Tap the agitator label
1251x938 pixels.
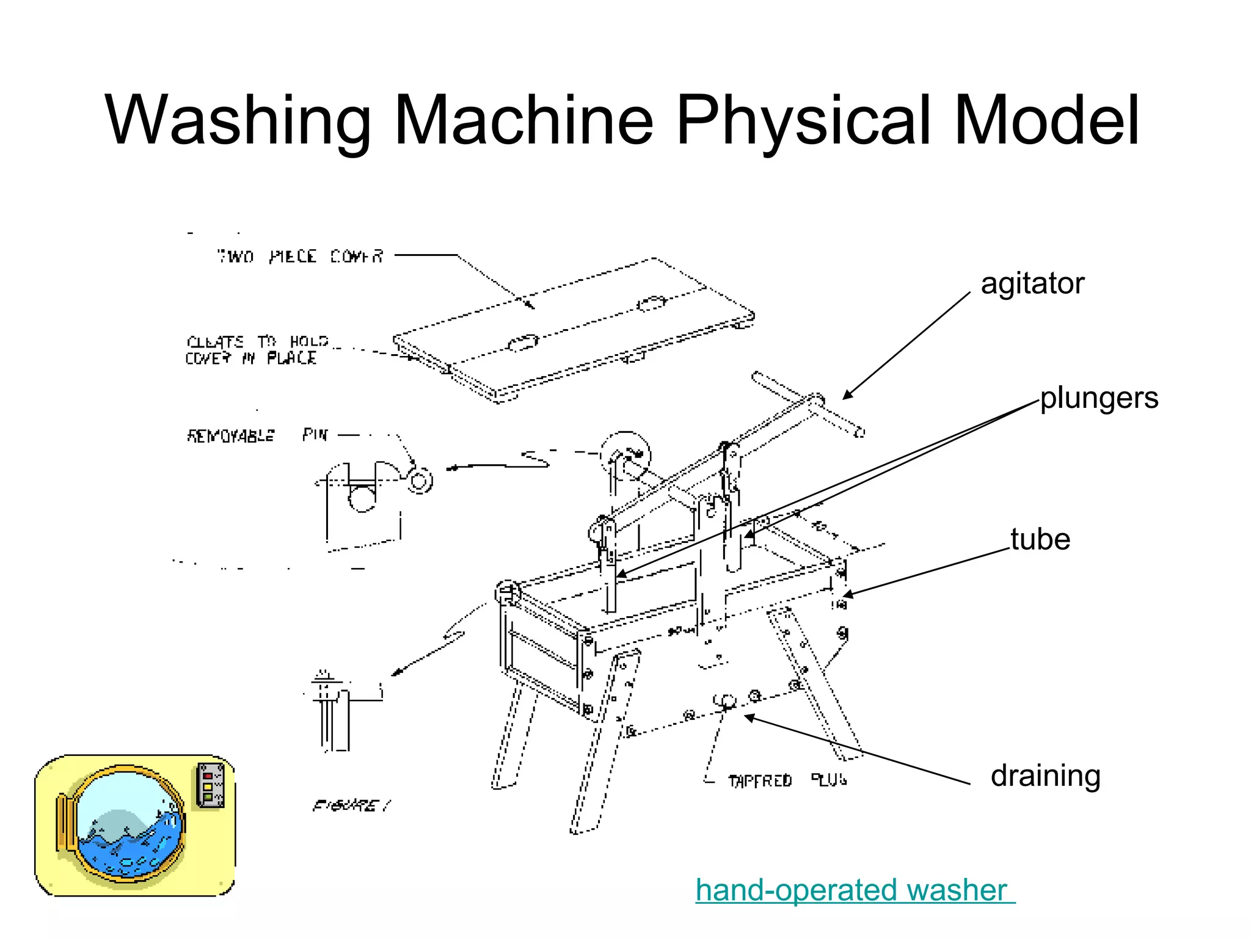click(1032, 283)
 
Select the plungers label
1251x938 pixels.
click(1099, 398)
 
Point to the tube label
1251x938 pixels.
click(1040, 539)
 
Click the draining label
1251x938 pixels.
click(1045, 776)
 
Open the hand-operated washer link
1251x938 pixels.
click(853, 890)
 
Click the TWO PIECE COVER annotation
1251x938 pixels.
click(300, 256)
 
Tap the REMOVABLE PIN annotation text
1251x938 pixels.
click(257, 435)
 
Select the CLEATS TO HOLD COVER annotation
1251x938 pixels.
click(257, 350)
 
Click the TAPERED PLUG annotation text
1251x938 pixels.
click(787, 780)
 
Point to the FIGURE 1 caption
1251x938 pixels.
click(352, 806)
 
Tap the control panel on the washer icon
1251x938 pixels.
click(210, 785)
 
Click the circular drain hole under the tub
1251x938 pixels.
click(726, 701)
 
